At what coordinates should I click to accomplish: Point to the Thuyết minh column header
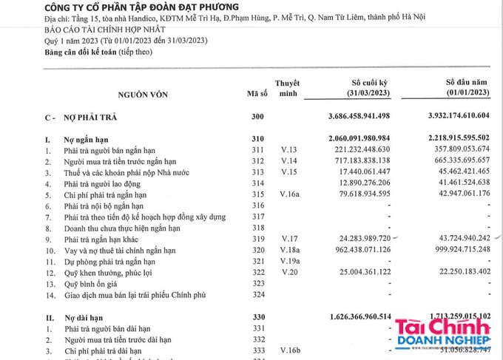[x=287, y=89]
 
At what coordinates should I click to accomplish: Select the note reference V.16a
[x=286, y=194]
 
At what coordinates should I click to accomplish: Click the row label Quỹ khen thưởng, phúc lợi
[x=109, y=273]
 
